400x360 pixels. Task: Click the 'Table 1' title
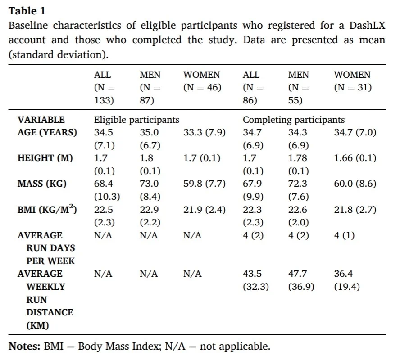pos(27,11)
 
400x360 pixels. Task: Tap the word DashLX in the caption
pos(367,26)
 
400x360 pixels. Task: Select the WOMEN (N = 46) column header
pos(202,81)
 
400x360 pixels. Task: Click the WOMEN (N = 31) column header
pos(353,81)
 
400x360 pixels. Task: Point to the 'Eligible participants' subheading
pos(136,120)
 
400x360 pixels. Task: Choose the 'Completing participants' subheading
pos(294,120)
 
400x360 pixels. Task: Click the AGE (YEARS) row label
pos(47,132)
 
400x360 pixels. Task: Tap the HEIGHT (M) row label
pos(45,158)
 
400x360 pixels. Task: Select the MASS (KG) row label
pos(42,184)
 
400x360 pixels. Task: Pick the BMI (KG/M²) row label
pos(47,209)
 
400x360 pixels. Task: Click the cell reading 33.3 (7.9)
pos(205,132)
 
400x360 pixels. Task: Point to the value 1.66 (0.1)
pos(355,158)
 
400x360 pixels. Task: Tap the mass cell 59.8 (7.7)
pos(205,184)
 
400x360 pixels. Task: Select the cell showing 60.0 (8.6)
pos(355,184)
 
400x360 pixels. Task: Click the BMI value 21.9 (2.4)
pos(205,210)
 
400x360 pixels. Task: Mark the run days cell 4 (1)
pos(344,235)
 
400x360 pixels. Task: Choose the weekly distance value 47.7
pos(297,274)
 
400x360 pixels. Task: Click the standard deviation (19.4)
pos(347,287)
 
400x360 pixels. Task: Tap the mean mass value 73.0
pos(149,184)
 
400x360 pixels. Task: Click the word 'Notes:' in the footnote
pos(24,346)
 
